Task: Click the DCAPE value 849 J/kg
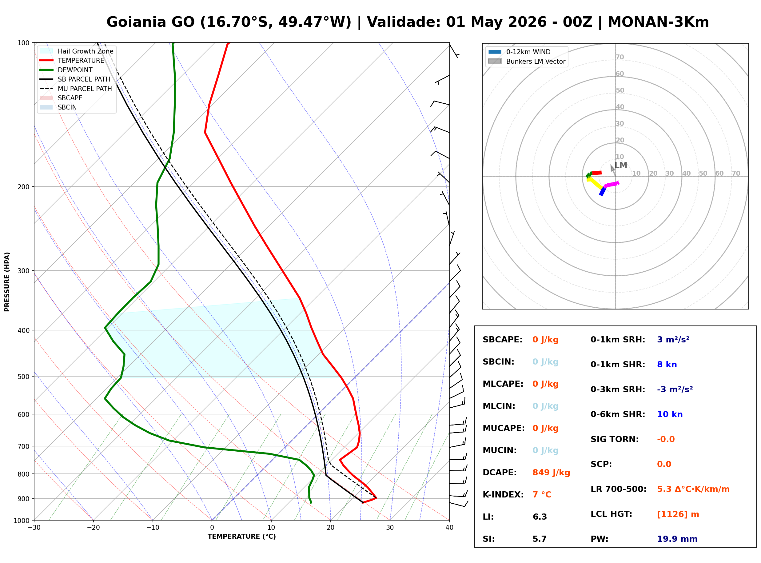click(x=551, y=472)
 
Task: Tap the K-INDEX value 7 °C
click(x=542, y=494)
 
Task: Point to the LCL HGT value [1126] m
click(x=678, y=514)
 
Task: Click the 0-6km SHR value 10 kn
click(x=670, y=414)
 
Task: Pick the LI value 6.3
click(x=540, y=517)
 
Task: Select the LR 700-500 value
click(x=693, y=489)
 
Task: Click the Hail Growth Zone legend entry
click(x=77, y=51)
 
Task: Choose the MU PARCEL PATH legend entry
click(x=76, y=89)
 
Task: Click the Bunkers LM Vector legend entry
click(x=527, y=61)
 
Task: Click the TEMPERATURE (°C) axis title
click(x=241, y=537)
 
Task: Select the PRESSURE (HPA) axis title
click(x=7, y=282)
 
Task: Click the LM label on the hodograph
click(x=621, y=165)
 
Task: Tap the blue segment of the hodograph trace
click(x=602, y=192)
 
